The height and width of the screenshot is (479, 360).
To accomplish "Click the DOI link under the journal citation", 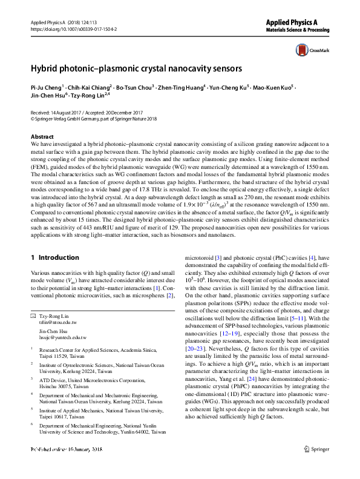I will tap(73, 29).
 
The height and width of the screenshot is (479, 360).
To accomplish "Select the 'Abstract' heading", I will tap(42, 137).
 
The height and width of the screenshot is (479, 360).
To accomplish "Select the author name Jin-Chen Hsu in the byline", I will tap(48, 96).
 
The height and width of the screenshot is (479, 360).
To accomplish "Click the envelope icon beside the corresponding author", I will tap(33, 317).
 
